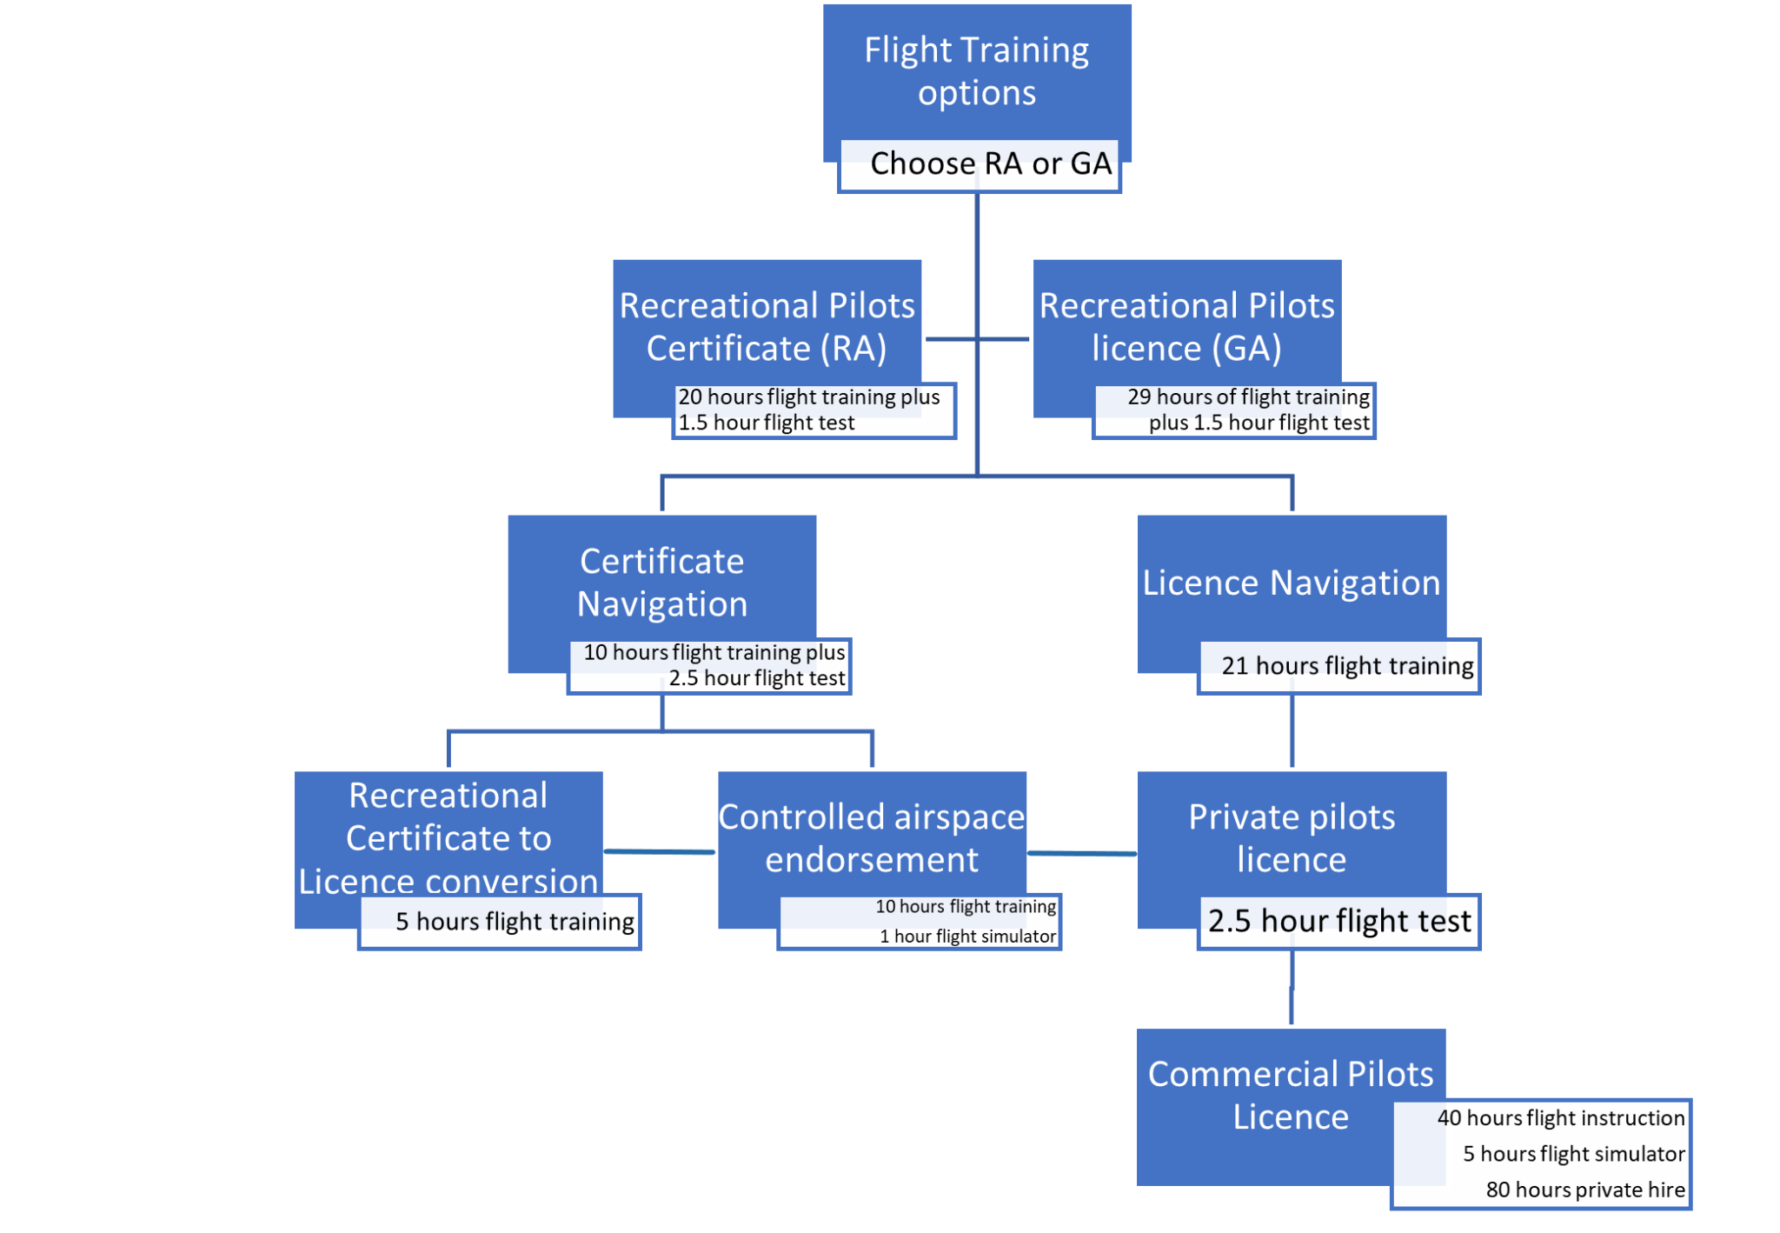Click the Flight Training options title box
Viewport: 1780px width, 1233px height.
[x=976, y=71]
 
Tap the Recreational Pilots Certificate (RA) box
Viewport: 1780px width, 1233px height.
[x=767, y=327]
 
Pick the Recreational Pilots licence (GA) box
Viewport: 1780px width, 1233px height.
[x=1186, y=327]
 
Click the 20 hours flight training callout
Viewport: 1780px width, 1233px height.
[x=814, y=410]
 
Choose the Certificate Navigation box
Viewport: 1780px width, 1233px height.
[x=661, y=582]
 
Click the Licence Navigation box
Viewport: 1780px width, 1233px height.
[x=1292, y=582]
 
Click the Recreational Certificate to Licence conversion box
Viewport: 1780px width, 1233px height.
[x=448, y=837]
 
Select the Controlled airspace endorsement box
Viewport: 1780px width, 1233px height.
[x=872, y=837]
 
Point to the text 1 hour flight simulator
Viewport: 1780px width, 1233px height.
[x=967, y=936]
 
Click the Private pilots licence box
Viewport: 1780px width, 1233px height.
[x=1292, y=837]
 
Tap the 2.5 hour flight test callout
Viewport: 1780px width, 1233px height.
[x=1339, y=922]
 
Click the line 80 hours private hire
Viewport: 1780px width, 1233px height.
[x=1585, y=1190]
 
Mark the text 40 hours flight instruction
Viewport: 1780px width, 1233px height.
[x=1561, y=1118]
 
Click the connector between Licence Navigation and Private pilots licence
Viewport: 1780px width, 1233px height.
[x=1292, y=730]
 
